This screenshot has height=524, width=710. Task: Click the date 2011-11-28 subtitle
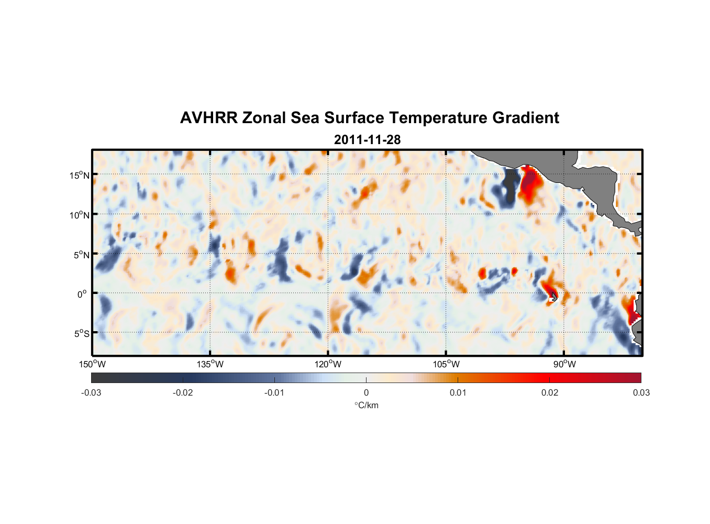point(367,140)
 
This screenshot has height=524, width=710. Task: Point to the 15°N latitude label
point(79,175)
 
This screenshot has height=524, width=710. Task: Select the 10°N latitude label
point(79,215)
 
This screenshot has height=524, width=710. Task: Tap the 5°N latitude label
point(81,255)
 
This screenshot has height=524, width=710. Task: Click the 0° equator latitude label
point(82,294)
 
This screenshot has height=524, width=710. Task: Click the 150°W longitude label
point(92,364)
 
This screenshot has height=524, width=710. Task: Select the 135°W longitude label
point(210,364)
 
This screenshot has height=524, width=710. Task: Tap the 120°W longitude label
point(328,364)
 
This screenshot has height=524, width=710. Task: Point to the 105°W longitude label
point(446,364)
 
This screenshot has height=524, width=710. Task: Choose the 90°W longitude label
point(564,364)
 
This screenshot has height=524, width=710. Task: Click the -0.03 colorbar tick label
point(91,392)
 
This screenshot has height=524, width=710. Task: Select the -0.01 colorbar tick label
point(274,392)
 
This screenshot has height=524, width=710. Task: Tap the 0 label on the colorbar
point(366,392)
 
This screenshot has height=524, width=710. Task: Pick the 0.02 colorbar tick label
point(549,392)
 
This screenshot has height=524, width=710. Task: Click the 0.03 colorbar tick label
point(641,392)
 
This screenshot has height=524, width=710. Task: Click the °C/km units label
point(366,405)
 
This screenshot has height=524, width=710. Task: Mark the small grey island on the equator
point(553,297)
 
